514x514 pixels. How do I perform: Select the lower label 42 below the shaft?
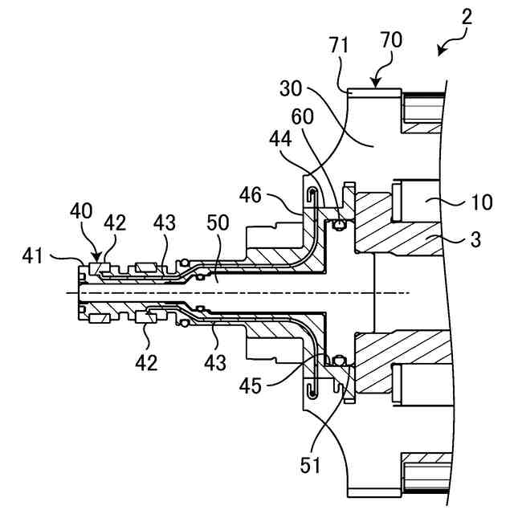click(146, 362)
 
